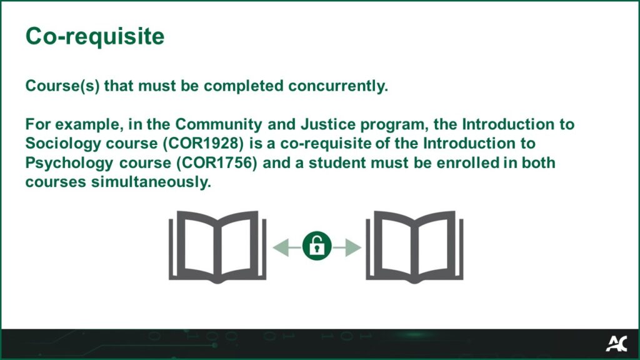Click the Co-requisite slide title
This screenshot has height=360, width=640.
pyautogui.click(x=95, y=36)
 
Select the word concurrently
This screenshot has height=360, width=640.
pyautogui.click(x=338, y=86)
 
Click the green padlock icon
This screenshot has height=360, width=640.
pyautogui.click(x=317, y=246)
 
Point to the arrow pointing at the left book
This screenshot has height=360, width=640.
pyautogui.click(x=286, y=247)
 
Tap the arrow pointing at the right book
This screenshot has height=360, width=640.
pyautogui.click(x=347, y=247)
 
